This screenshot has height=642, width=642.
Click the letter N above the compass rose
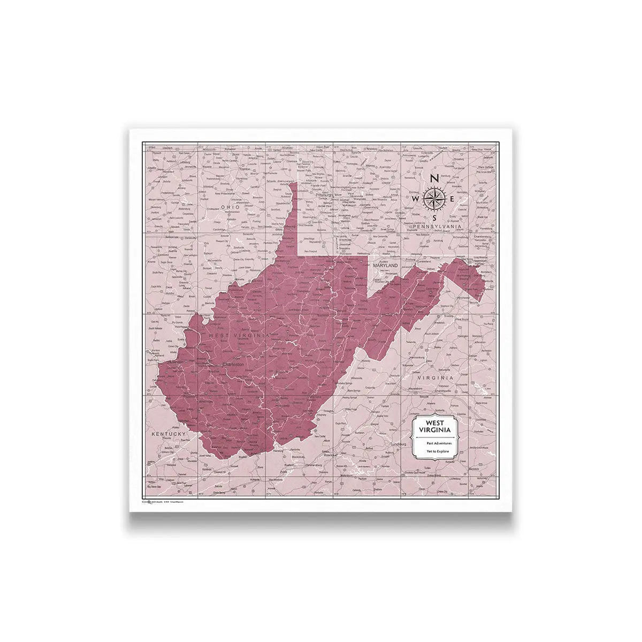[x=434, y=178]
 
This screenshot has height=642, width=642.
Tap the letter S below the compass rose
[x=434, y=218]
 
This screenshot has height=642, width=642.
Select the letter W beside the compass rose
[x=415, y=199]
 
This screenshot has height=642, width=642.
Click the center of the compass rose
[x=434, y=199]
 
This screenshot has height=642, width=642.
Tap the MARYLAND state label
[x=385, y=265]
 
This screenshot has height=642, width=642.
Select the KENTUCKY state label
[x=167, y=433]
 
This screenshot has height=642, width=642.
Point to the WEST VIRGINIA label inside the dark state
[x=239, y=335]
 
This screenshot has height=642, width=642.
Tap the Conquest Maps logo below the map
[x=153, y=501]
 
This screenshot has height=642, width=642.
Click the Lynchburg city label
[x=400, y=444]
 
